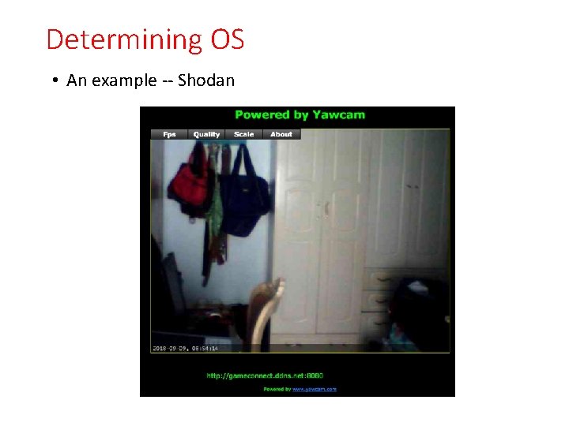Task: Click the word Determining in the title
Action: coord(124,39)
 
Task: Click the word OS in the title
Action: coord(228,39)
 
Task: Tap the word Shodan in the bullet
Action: coord(206,80)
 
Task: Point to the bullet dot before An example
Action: coord(57,81)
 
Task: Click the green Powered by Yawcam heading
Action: coord(300,115)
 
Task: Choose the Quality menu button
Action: coord(206,134)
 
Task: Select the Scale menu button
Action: coord(243,134)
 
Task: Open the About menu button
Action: coord(281,134)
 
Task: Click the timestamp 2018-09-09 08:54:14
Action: coord(185,348)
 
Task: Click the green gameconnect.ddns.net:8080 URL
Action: coord(265,376)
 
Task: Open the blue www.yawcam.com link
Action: coord(315,389)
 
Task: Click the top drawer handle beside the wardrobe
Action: coord(382,278)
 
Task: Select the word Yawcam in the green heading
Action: coord(337,115)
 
